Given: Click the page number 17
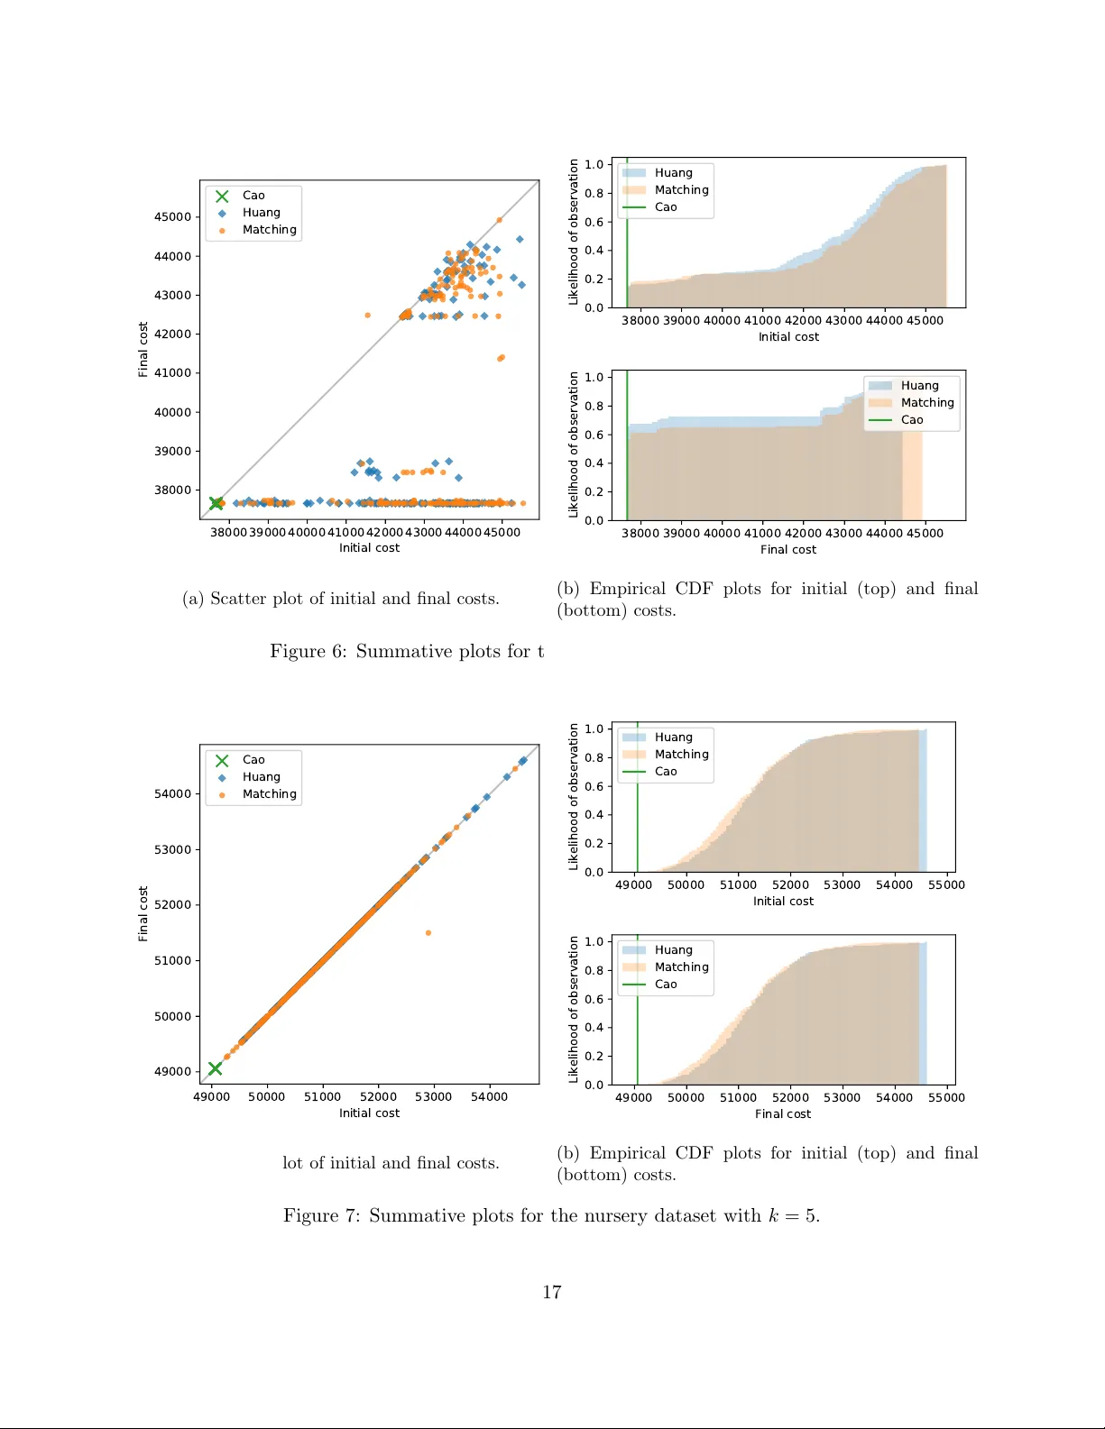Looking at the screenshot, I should [551, 1292].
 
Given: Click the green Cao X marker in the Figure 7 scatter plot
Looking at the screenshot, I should [215, 1068].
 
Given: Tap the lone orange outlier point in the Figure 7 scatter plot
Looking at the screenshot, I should [428, 933].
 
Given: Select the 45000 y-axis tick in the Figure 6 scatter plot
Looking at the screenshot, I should [172, 217].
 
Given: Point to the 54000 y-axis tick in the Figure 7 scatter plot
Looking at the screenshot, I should [172, 794].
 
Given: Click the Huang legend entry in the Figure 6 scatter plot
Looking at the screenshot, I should [261, 213].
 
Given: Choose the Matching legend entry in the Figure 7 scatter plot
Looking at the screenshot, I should [269, 794].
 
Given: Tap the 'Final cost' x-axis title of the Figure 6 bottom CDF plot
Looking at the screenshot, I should [787, 550].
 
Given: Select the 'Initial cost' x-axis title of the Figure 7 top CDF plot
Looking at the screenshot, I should [783, 902].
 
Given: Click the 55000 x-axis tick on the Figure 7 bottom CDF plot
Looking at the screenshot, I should [946, 1098].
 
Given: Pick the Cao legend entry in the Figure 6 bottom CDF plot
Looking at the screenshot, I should [911, 420].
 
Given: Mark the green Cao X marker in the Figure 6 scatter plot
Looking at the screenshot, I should [216, 503].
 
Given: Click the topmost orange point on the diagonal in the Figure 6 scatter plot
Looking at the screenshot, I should [499, 220].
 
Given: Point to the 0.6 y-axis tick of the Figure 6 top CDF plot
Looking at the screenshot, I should [594, 222].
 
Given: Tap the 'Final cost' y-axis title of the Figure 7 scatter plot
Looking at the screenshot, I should [143, 913].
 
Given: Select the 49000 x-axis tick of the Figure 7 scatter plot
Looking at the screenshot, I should [211, 1097].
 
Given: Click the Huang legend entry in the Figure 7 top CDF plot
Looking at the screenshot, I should [673, 737].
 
